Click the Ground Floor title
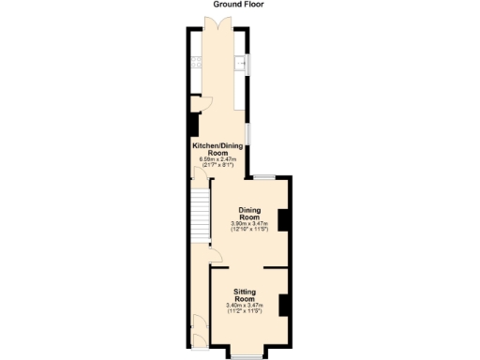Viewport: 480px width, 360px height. tap(239, 5)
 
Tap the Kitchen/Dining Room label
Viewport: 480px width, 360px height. tap(218, 149)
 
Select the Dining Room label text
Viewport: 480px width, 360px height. tap(249, 213)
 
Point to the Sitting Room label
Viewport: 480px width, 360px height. tap(245, 295)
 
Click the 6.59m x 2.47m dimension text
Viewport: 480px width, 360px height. tap(218, 159)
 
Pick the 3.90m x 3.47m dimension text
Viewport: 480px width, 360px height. tap(249, 223)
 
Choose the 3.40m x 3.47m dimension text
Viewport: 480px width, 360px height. tap(245, 306)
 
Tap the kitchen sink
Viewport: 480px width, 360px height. tap(243, 64)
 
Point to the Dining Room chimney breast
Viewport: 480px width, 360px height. tap(284, 219)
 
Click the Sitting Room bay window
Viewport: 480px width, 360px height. tap(247, 355)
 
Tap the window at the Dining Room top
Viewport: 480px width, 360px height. tap(264, 176)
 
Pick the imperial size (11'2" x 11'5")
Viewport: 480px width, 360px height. tap(245, 311)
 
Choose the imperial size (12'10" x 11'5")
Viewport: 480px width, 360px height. tap(249, 229)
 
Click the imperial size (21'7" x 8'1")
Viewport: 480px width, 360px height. tap(218, 165)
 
